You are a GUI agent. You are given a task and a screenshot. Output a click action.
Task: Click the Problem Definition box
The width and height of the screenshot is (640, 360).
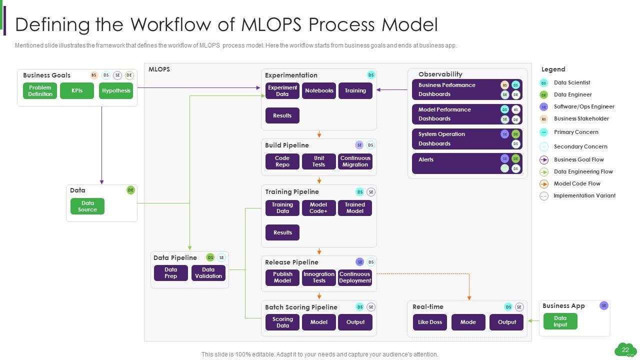pos(40,91)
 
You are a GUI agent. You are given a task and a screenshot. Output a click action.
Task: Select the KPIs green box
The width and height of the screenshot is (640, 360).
pos(77,91)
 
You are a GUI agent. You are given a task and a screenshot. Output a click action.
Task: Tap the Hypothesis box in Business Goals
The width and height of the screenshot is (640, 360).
pos(116,91)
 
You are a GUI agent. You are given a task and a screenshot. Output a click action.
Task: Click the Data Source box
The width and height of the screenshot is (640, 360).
pos(87,206)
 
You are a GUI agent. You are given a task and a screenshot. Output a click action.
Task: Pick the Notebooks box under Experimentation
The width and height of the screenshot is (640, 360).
pos(319,91)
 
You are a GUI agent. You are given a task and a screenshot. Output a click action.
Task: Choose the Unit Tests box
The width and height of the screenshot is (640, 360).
pos(319,161)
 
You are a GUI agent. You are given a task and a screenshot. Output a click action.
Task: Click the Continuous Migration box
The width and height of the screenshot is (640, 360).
pos(355,161)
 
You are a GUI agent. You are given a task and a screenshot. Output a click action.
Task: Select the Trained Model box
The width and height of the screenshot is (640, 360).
pos(355,208)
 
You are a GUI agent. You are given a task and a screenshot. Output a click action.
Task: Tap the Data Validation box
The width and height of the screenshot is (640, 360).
pos(208,273)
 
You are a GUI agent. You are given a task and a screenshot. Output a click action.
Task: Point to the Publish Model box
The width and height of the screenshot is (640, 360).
pos(282,277)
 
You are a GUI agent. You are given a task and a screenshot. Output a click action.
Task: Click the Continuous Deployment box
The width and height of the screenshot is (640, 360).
pos(355,277)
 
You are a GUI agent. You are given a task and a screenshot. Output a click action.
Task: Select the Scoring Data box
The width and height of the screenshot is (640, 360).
pos(282,322)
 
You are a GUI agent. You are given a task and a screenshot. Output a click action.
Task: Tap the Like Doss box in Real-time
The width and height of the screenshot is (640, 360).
pos(430,322)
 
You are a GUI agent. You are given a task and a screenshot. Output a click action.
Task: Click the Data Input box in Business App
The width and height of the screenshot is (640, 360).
pos(560,321)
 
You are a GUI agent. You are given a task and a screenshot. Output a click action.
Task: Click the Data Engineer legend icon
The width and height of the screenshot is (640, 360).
pos(544,95)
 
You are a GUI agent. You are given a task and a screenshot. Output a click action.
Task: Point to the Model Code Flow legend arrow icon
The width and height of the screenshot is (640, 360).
pos(544,184)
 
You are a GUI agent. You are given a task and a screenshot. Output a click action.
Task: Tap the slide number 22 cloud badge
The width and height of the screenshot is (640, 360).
pos(625,350)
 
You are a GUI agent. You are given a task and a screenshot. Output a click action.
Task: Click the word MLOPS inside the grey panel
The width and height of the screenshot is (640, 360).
pos(159,69)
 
